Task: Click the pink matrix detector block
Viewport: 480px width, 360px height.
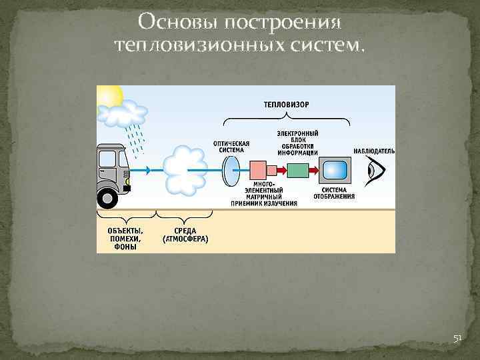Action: tap(257, 171)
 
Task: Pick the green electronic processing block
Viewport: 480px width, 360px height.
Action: tap(298, 171)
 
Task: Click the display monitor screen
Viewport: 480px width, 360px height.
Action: tap(334, 171)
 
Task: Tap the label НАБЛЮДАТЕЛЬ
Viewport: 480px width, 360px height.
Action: tap(374, 151)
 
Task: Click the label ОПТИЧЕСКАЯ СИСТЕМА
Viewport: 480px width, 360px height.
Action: tap(231, 147)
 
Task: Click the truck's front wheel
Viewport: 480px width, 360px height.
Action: tap(108, 197)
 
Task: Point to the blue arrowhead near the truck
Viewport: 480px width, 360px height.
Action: tap(147, 171)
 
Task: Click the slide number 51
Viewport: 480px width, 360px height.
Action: tap(457, 339)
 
